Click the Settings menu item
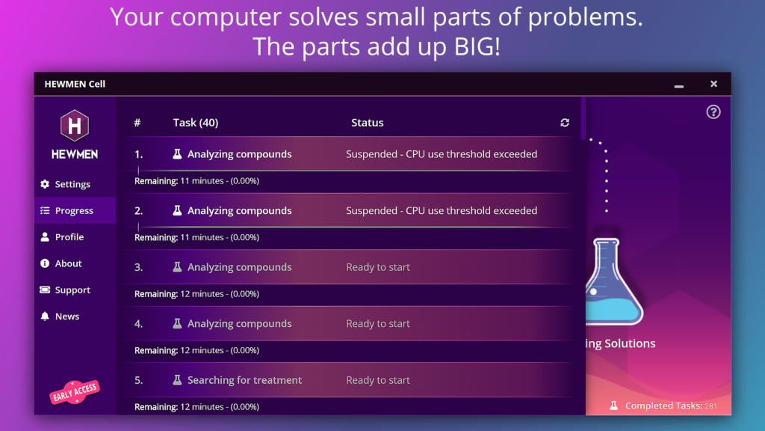pos(66,184)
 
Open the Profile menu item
pos(62,237)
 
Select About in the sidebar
pos(61,263)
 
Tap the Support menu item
pos(66,290)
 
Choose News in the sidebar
pos(60,317)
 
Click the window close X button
pos(713,84)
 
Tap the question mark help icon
pos(713,112)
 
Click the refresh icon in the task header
pos(565,123)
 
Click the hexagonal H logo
pos(75,126)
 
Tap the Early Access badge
pos(75,391)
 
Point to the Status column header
pos(368,123)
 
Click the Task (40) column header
pos(196,123)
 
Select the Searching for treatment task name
pos(244,380)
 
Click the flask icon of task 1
pos(177,154)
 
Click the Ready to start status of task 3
pos(378,267)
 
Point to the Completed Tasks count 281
pos(711,406)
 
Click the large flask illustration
pos(614,282)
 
